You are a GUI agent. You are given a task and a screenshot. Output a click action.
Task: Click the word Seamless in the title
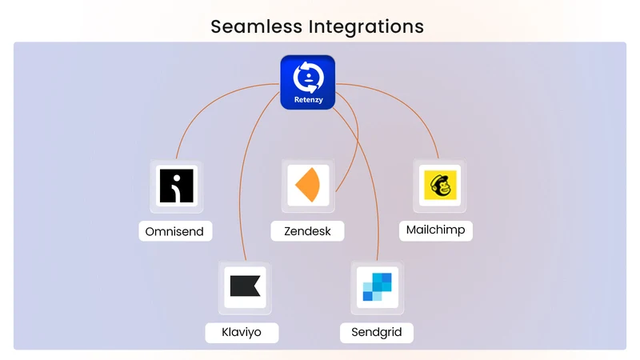click(x=256, y=26)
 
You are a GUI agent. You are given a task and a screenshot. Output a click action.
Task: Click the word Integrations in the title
click(x=366, y=27)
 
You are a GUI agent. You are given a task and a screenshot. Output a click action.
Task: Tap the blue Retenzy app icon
click(x=308, y=82)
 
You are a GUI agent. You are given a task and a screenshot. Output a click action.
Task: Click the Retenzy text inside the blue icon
click(x=309, y=99)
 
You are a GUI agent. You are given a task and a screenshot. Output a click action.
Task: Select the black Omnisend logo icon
click(x=176, y=186)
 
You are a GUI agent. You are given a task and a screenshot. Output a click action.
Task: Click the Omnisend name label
click(x=174, y=231)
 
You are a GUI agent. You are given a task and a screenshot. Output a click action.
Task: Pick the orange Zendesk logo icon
click(x=307, y=185)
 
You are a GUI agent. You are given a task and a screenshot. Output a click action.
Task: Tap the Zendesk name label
click(x=307, y=231)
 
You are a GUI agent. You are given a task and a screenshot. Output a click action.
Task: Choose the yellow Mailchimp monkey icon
click(x=440, y=185)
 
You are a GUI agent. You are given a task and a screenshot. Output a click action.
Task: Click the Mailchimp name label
click(x=435, y=230)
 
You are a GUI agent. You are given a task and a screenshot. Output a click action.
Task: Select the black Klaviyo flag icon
click(x=245, y=286)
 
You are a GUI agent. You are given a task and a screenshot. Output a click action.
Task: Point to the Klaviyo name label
click(x=242, y=332)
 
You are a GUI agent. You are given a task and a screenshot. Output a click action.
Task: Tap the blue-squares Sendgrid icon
click(x=377, y=287)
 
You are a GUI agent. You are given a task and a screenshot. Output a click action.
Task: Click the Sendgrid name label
click(x=376, y=332)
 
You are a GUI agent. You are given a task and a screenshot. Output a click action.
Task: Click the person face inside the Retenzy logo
click(x=309, y=77)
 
